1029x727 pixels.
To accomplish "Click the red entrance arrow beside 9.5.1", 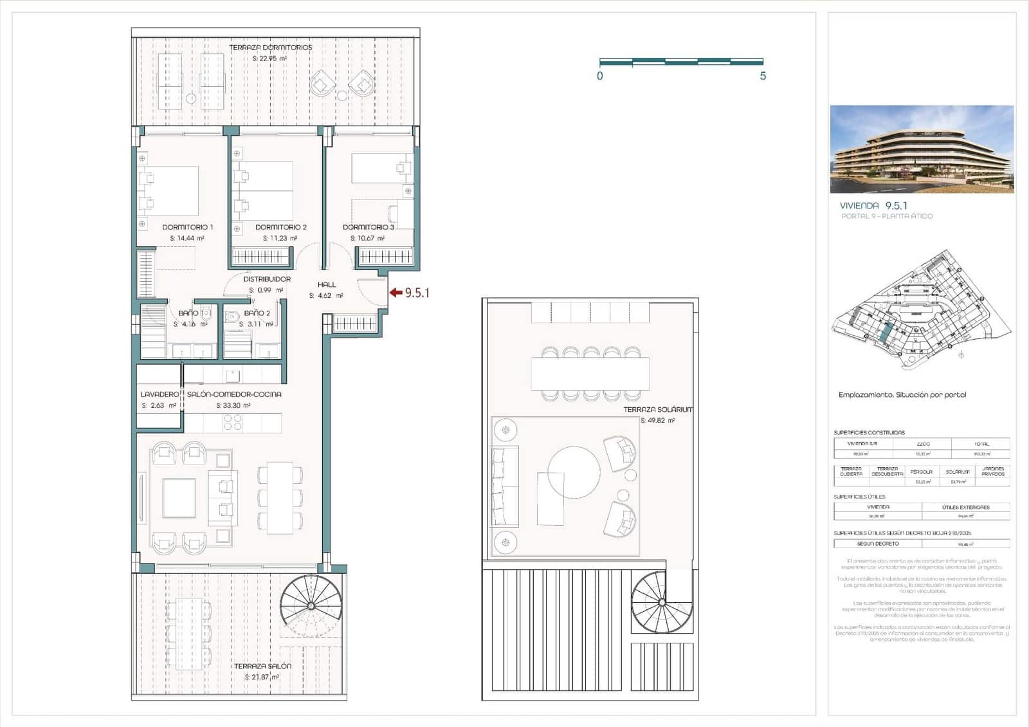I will pos(396,293).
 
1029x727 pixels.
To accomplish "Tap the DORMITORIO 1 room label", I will pos(187,227).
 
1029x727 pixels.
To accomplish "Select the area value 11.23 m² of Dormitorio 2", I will pos(280,238).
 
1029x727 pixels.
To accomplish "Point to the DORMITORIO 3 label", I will pos(368,227).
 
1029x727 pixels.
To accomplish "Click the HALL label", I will pos(327,284).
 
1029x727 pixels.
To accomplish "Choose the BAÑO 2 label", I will pos(257,313).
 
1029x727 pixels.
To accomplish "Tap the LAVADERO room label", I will pos(159,394).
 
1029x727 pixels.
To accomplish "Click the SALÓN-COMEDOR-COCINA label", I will pos(234,394).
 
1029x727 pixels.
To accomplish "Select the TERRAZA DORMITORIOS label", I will pos(270,48).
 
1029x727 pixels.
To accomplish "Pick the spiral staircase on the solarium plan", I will pos(661,602).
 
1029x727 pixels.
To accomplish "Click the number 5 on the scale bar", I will pos(763,76).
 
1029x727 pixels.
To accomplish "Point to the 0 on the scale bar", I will pos(600,76).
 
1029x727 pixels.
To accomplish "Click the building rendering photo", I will pos(922,149).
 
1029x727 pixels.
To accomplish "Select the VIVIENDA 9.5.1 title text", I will pos(873,206).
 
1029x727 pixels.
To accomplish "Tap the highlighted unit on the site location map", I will pos(886,333).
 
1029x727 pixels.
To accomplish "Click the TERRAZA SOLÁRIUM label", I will pos(657,409).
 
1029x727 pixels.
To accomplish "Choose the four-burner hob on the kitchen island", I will pos(233,422).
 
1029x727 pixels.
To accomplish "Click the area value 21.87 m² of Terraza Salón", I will pos(261,677).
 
